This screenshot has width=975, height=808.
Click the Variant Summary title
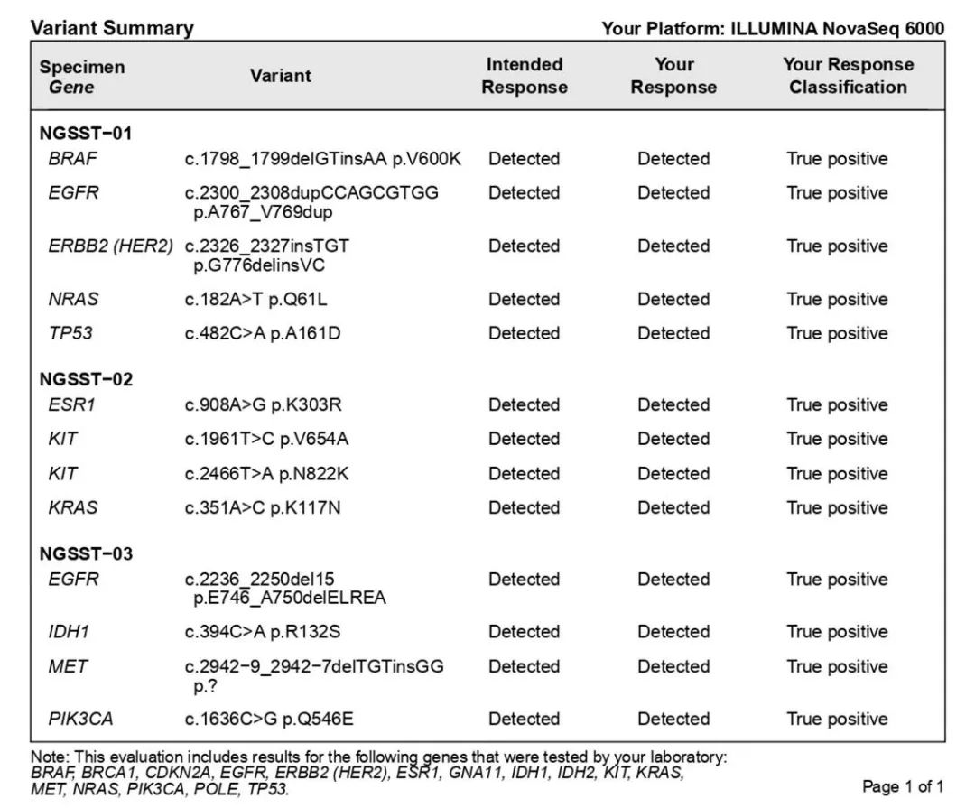(x=112, y=28)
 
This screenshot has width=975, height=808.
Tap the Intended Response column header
(x=524, y=76)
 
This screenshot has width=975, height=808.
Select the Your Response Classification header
(x=848, y=76)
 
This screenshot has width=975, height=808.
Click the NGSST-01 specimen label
(x=86, y=134)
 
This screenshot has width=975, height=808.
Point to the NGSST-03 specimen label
(x=86, y=553)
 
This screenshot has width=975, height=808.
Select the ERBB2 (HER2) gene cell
(x=110, y=246)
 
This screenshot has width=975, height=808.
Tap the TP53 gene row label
(x=70, y=333)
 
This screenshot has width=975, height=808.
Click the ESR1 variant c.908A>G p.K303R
(x=268, y=404)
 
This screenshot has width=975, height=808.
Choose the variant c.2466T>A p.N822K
(x=266, y=473)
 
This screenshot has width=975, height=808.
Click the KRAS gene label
(x=72, y=507)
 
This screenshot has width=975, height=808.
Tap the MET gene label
(x=68, y=666)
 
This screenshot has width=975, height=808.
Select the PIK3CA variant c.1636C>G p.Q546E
(x=269, y=719)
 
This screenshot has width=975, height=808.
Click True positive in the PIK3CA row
(x=837, y=719)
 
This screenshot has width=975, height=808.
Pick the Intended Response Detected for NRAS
(x=524, y=299)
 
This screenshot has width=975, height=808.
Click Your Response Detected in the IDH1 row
(x=673, y=632)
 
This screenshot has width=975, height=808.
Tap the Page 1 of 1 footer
(x=903, y=786)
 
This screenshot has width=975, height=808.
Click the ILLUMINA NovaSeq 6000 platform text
(x=837, y=29)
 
